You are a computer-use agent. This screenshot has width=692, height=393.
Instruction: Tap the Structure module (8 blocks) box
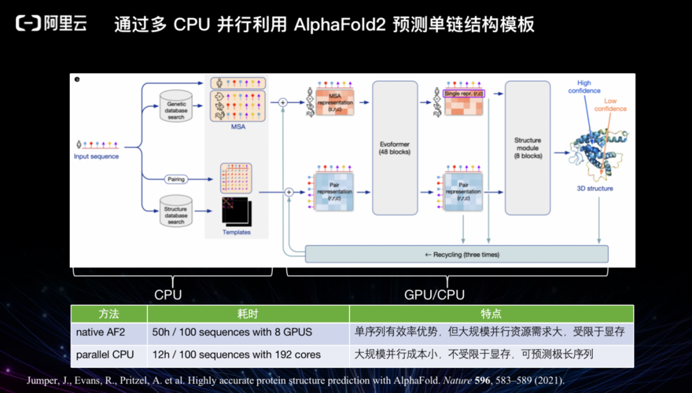[527, 147]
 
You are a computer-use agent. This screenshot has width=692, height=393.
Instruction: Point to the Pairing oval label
[176, 180]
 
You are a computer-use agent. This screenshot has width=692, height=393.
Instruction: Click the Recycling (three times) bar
[456, 255]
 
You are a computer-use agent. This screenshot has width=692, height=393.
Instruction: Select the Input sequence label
[96, 156]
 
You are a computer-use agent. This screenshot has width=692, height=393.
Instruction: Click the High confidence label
[584, 87]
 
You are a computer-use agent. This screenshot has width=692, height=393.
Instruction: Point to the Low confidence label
[610, 105]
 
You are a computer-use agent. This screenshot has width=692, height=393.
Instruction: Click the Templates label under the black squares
[236, 232]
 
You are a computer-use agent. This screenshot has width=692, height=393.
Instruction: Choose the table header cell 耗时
[248, 314]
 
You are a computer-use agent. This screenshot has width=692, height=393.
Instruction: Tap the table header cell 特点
[491, 314]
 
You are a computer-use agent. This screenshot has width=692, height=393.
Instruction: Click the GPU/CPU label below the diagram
[434, 294]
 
